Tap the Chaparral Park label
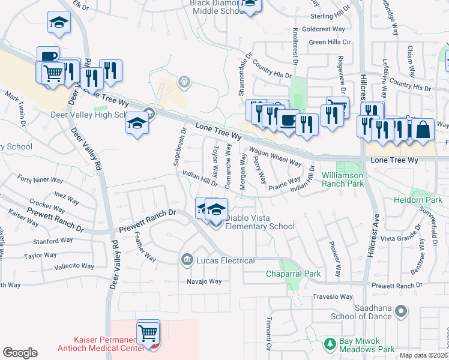point(294,274)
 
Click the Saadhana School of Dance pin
point(402,311)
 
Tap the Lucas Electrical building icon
point(187,259)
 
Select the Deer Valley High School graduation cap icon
point(137,124)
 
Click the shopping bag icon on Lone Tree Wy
point(423,130)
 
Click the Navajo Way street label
point(204,281)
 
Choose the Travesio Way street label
point(333,296)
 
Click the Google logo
point(20,353)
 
